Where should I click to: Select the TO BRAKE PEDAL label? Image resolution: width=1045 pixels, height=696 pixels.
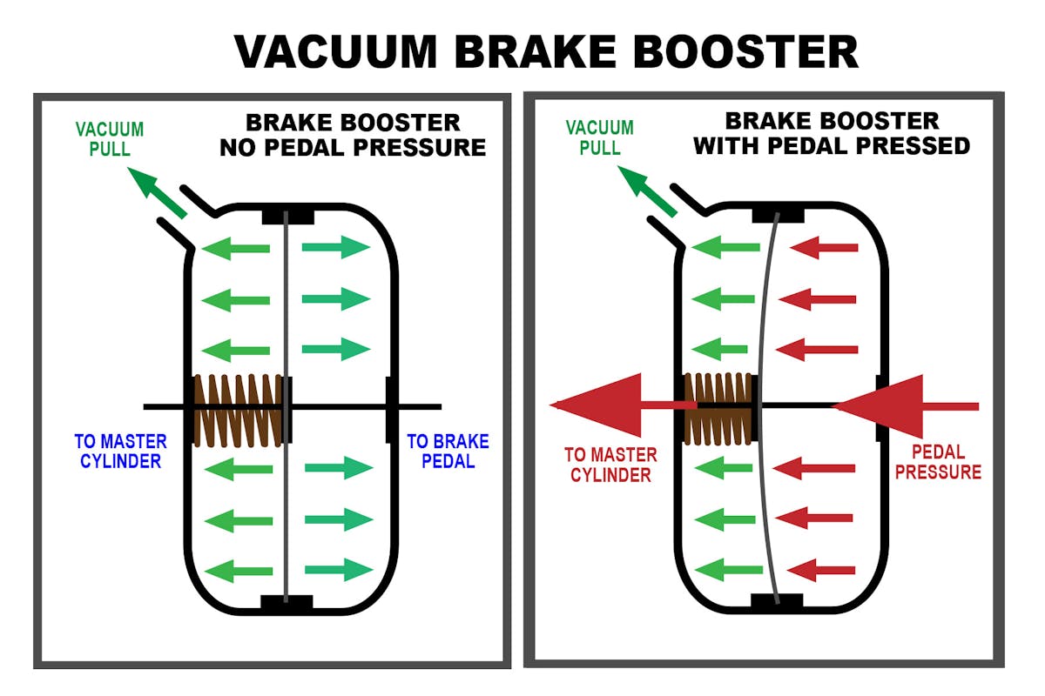click(x=448, y=451)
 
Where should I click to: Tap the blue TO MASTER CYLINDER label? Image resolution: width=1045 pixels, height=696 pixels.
click(x=121, y=451)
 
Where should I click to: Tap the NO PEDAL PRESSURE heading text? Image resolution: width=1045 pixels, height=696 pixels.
click(x=353, y=147)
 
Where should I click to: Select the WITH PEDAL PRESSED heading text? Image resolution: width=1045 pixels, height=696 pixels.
click(x=831, y=144)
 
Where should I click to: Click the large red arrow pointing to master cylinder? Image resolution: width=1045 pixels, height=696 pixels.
click(x=610, y=405)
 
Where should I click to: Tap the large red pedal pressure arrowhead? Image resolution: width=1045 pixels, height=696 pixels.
click(x=880, y=405)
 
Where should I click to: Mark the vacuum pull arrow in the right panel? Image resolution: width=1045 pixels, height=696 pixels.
click(x=646, y=190)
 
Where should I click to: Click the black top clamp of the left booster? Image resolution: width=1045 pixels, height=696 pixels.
click(x=287, y=214)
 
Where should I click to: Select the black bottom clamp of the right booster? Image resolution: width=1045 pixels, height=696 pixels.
click(x=777, y=600)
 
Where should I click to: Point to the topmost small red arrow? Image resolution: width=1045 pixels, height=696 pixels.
click(x=823, y=248)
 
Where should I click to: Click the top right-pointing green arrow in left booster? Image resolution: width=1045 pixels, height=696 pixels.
click(x=336, y=248)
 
